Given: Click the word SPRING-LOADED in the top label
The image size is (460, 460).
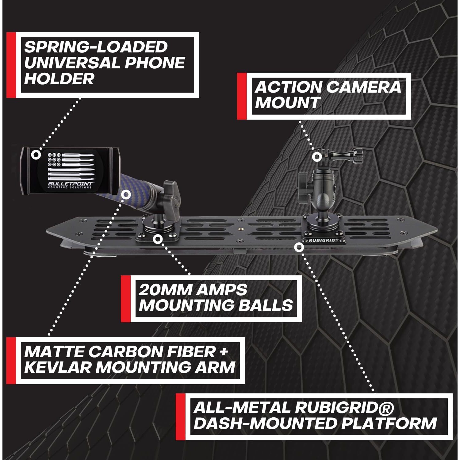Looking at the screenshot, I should click(96, 47).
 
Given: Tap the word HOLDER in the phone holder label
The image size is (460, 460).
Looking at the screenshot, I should click(59, 79).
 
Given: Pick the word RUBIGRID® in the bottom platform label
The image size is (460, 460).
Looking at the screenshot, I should click(344, 408).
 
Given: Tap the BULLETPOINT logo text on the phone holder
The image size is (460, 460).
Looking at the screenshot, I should click(70, 183).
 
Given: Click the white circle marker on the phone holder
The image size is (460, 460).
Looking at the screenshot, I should click(36, 154).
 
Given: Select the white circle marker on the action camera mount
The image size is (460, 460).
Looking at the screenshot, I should click(317, 157).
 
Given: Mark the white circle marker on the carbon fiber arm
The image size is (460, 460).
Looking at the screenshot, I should click(126, 194).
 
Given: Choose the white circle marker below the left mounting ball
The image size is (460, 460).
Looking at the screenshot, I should click(158, 239).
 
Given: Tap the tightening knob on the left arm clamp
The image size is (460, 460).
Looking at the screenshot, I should click(171, 192).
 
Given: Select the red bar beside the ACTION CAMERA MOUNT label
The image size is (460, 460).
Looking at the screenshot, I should click(242, 96).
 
